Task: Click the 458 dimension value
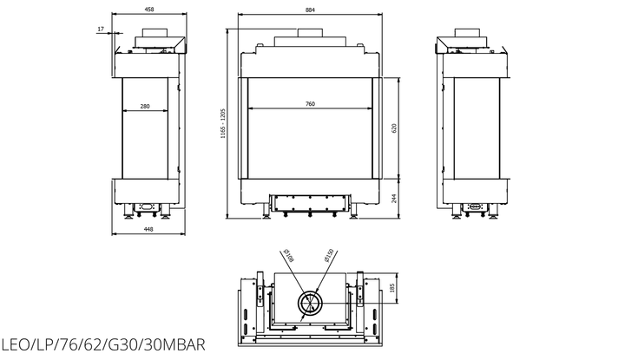click(149, 10)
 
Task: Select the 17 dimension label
click(101, 29)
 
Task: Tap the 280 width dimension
click(145, 107)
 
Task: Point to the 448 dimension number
click(148, 229)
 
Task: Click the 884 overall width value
click(310, 10)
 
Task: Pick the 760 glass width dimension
click(310, 104)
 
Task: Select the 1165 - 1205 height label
click(223, 123)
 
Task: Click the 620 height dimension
click(394, 128)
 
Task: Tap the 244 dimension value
click(394, 199)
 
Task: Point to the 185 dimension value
click(392, 287)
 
